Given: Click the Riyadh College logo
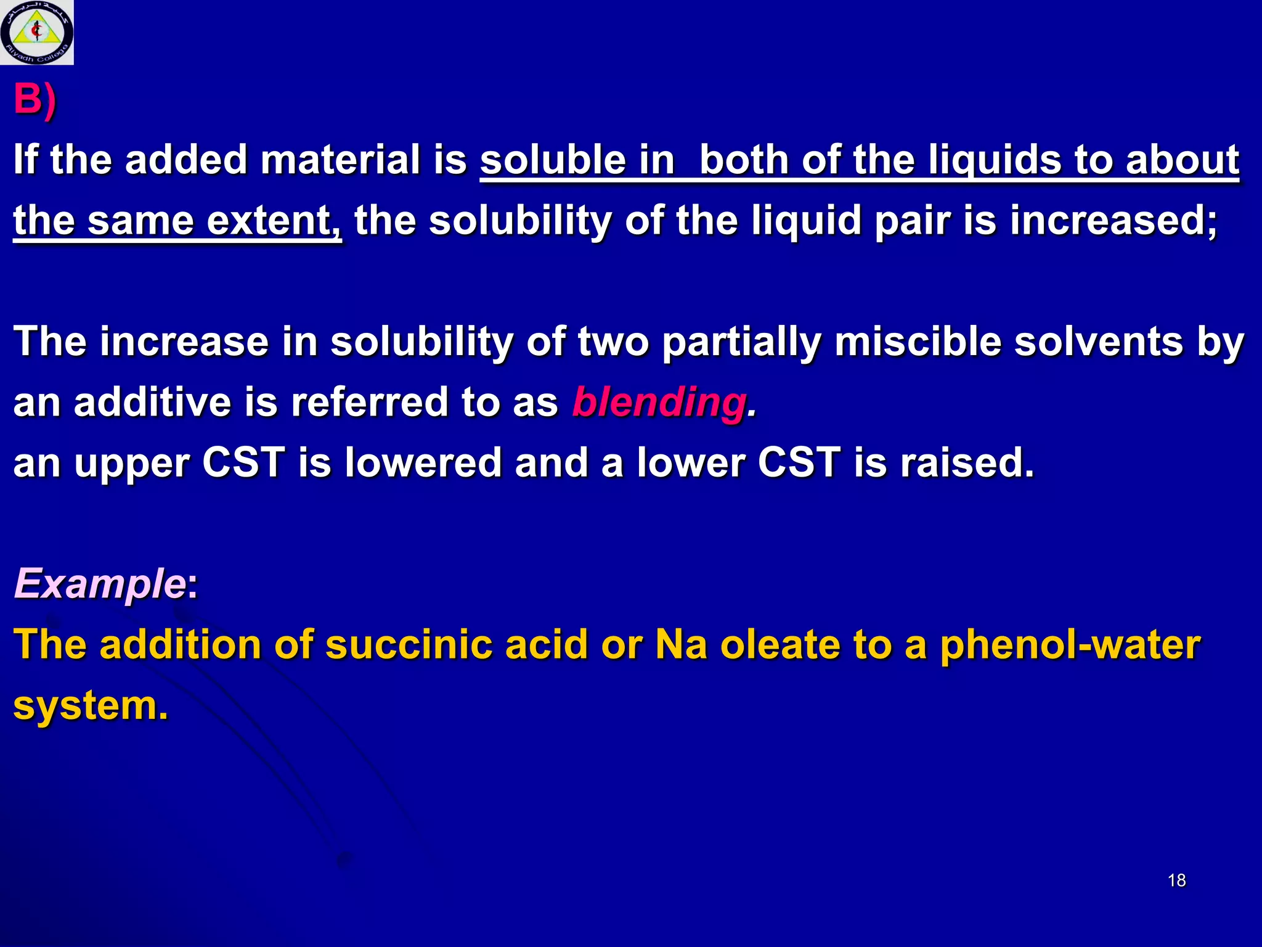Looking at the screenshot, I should click(x=36, y=32).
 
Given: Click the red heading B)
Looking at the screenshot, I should click(x=35, y=99).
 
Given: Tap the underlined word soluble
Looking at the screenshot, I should click(x=553, y=160).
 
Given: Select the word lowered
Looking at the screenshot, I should click(x=423, y=462).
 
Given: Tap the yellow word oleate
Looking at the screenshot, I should click(x=780, y=645).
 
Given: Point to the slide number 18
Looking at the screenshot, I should click(x=1176, y=880).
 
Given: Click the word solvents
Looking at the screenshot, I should click(x=1099, y=342).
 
